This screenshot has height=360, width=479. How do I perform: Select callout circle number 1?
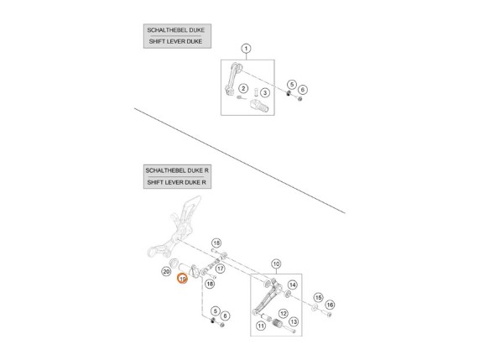click(246, 48)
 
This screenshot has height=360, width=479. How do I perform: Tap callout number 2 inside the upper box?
click(242, 88)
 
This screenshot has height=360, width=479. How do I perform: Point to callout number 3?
click(263, 91)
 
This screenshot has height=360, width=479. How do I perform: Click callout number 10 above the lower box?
click(276, 263)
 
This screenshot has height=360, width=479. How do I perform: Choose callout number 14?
click(292, 285)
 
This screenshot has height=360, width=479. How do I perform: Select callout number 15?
click(318, 297)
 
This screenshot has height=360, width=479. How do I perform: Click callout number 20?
click(164, 272)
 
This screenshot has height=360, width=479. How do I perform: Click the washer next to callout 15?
click(315, 310)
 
